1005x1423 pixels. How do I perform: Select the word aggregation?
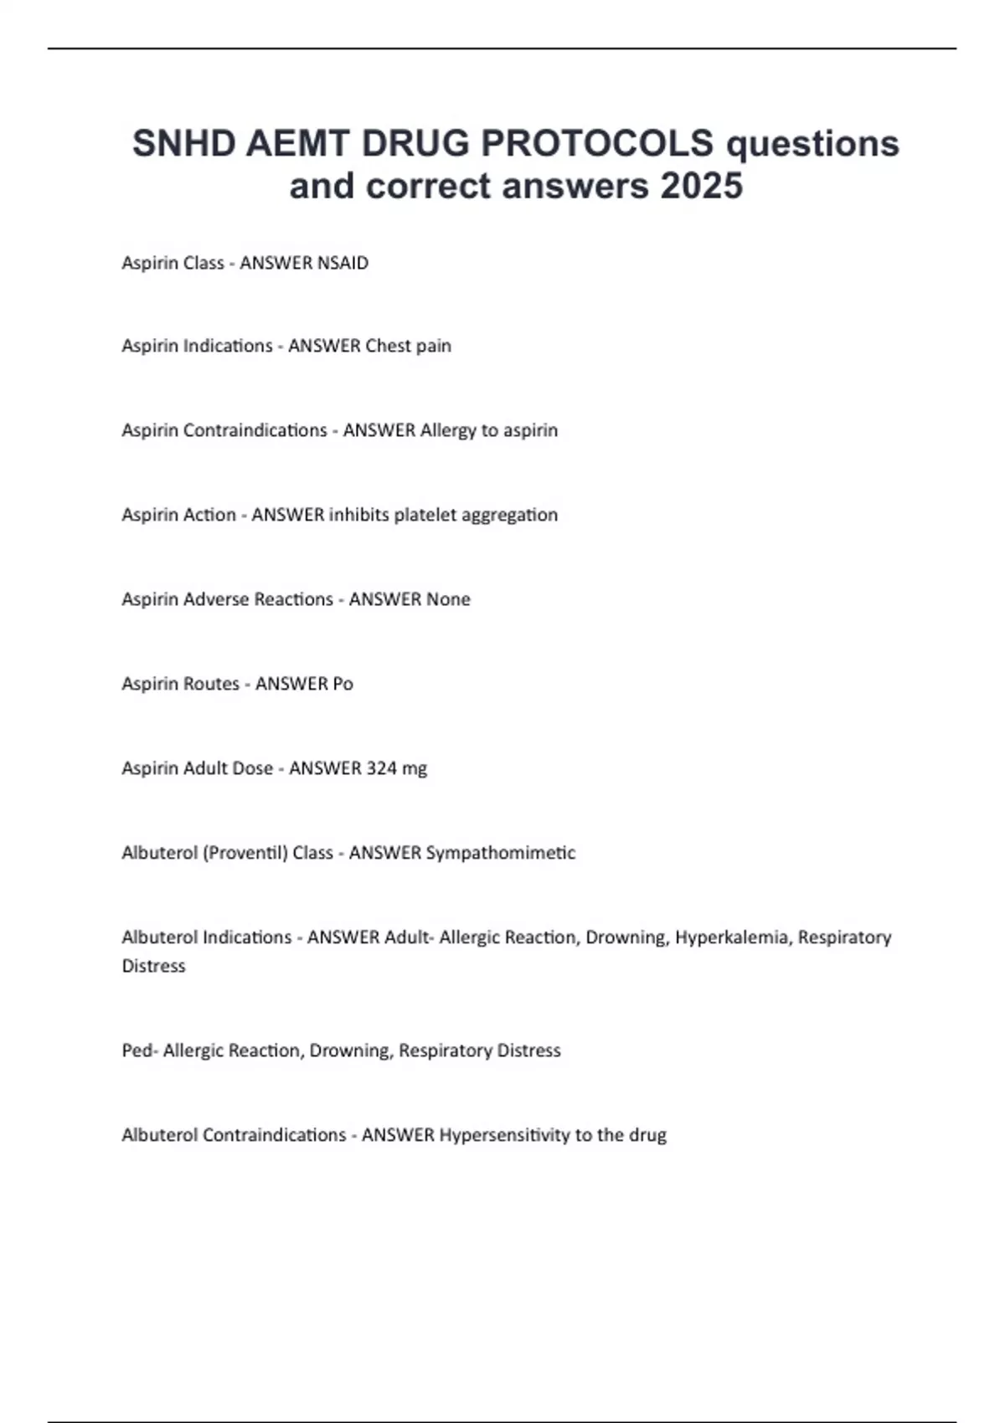click(x=513, y=515)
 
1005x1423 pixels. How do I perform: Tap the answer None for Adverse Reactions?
click(x=448, y=599)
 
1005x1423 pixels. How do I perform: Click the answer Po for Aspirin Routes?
click(x=343, y=684)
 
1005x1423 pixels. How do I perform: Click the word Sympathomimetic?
click(x=501, y=853)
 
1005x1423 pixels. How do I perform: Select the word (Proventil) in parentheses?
click(x=245, y=853)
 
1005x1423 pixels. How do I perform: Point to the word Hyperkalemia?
click(x=732, y=938)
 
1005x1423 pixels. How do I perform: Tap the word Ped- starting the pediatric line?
click(x=139, y=1051)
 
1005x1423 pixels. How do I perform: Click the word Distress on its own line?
click(x=153, y=966)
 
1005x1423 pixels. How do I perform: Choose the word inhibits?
click(x=358, y=515)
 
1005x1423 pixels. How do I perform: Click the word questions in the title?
click(x=812, y=144)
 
